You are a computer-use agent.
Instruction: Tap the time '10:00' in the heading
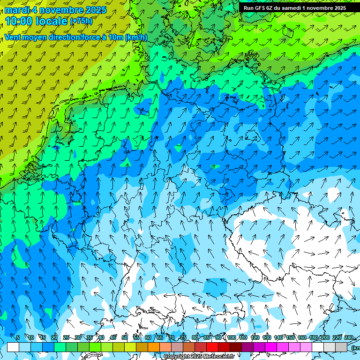point(19,21)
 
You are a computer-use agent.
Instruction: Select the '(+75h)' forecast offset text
point(81,21)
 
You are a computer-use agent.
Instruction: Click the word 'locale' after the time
point(51,21)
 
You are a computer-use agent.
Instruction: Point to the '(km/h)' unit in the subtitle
point(136,37)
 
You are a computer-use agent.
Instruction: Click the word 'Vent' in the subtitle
point(13,37)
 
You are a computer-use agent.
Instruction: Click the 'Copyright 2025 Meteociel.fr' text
point(199,357)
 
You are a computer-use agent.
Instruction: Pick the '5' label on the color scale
point(17,338)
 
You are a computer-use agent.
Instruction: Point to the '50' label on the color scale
point(125,338)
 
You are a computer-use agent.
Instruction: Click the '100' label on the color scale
point(232,338)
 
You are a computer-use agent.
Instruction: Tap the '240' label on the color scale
point(348,338)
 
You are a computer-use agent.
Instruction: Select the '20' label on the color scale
point(54,338)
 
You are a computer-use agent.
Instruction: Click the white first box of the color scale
point(13,347)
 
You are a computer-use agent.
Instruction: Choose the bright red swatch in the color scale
point(212,347)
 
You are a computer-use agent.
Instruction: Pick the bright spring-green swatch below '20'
point(60,347)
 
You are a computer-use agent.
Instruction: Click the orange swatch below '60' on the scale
point(154,347)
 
